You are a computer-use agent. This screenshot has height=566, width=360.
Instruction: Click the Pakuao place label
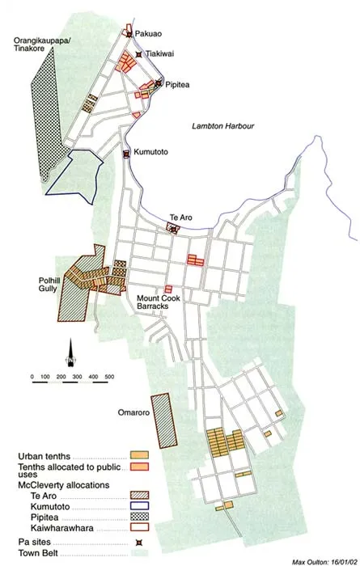(150, 34)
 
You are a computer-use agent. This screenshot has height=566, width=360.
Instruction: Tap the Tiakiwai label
(158, 54)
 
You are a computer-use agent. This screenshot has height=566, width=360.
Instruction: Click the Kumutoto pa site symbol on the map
(125, 154)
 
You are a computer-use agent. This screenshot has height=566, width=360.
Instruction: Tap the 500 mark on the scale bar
(108, 377)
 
